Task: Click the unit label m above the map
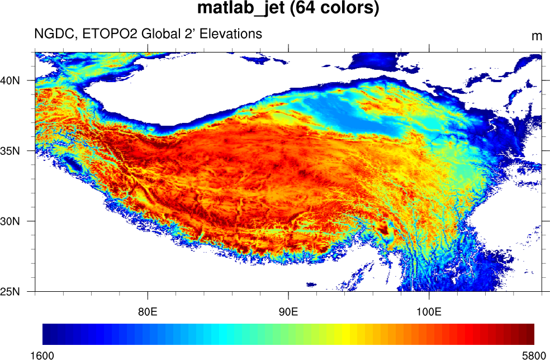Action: [537, 36]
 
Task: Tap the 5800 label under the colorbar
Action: [534, 354]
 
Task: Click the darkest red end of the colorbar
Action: [530, 334]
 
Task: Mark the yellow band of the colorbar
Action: [345, 334]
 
